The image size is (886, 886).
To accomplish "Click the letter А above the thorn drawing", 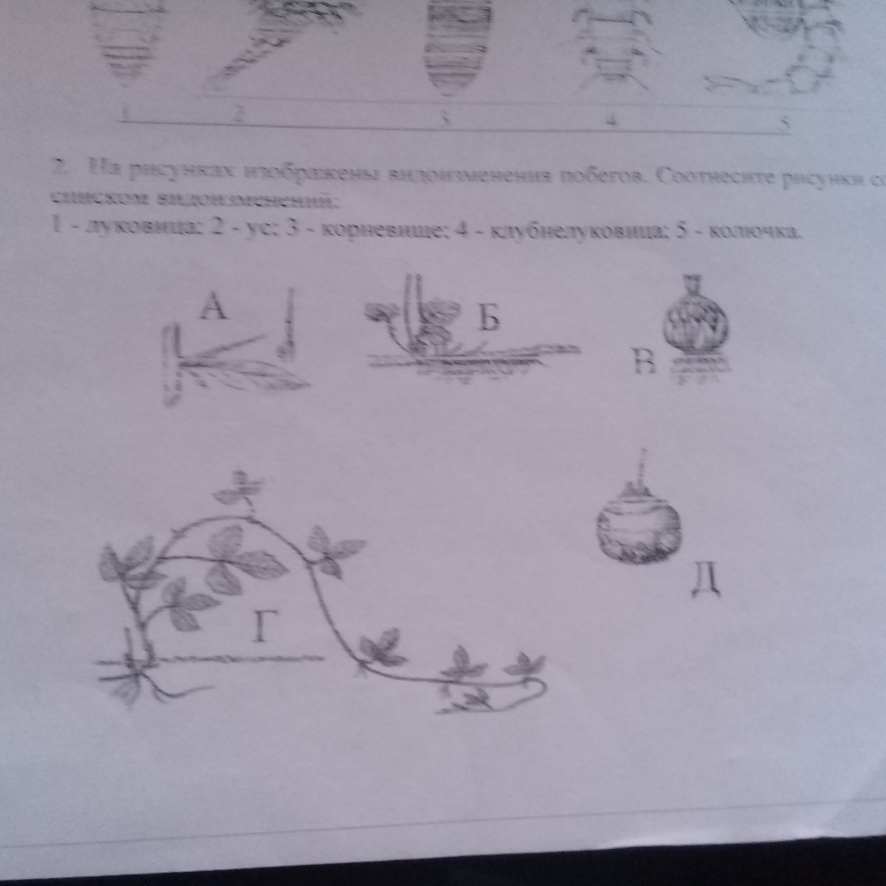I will (x=213, y=310).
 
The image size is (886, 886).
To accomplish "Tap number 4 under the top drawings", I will (x=613, y=122).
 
